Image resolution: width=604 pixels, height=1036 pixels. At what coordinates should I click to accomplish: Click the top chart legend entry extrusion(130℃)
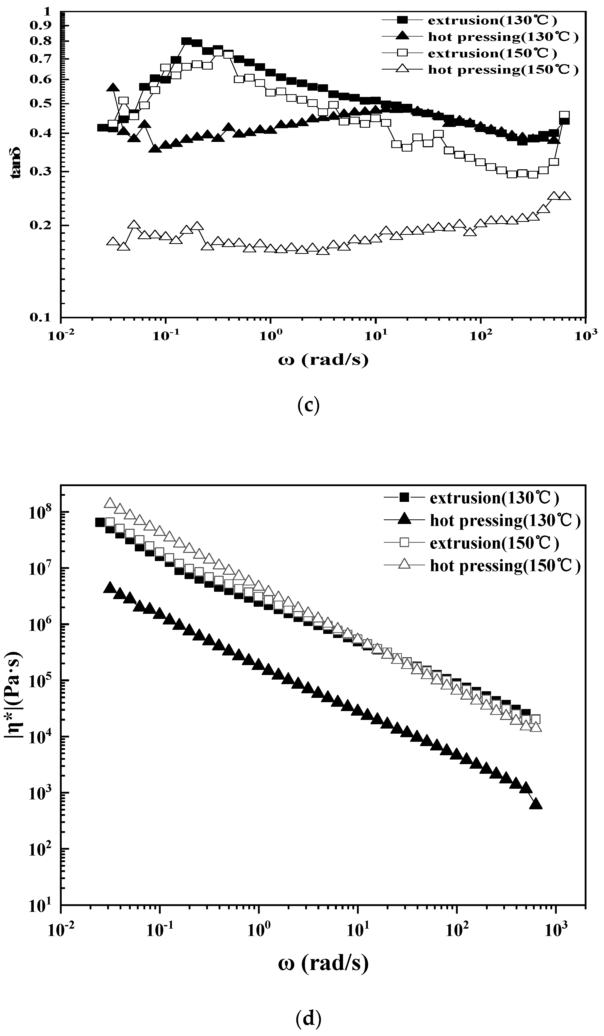tap(492, 20)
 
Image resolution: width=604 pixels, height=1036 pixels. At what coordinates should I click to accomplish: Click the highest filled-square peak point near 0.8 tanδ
tap(186, 41)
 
